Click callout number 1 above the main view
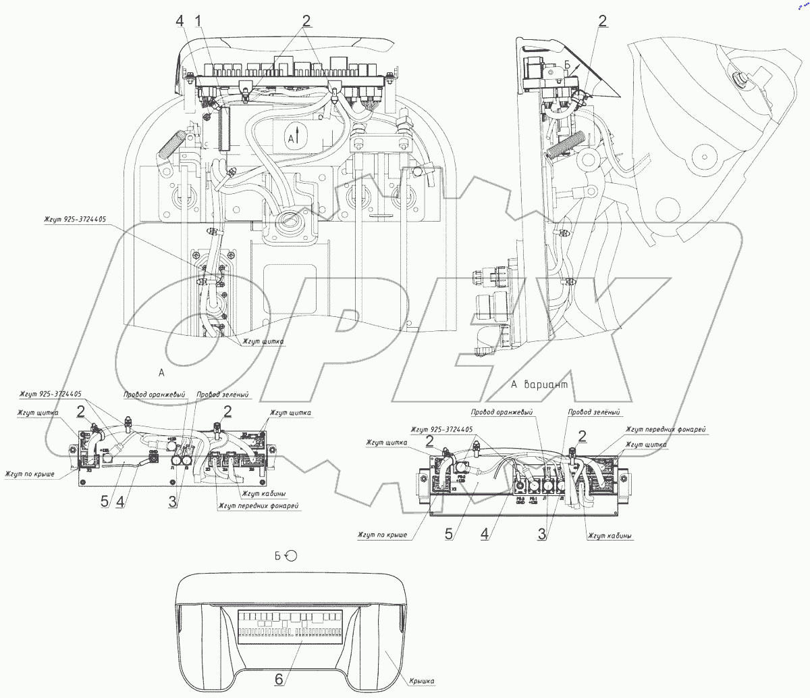point(198,22)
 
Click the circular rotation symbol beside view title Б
point(291,555)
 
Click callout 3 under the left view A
point(173,501)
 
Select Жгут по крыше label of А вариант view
point(382,535)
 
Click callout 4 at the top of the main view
point(180,22)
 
